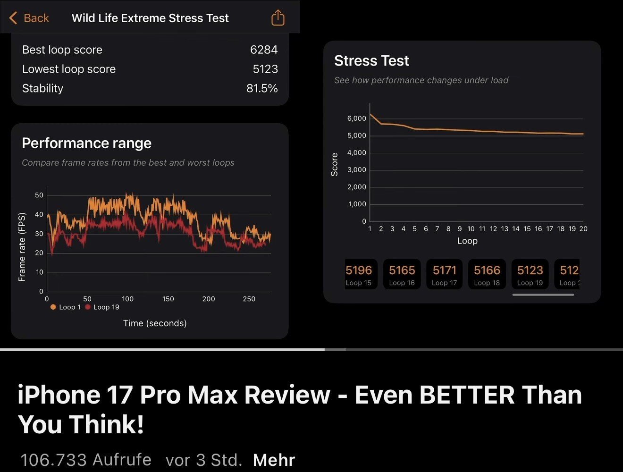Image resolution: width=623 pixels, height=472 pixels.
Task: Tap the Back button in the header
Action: point(29,18)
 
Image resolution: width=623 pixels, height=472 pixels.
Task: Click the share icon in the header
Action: point(278,18)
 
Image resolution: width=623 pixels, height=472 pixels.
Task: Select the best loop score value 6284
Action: point(263,50)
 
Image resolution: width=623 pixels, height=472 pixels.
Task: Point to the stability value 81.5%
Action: point(261,88)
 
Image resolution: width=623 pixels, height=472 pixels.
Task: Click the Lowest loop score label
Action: point(69,69)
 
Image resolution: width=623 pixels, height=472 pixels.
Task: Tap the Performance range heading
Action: point(86,143)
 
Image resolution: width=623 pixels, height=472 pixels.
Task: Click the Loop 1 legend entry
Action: point(66,307)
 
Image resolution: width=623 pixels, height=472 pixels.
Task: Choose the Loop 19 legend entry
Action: point(102,307)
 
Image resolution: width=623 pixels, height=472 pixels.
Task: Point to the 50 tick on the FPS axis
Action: point(39,195)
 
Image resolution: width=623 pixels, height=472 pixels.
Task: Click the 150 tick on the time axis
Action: point(168,299)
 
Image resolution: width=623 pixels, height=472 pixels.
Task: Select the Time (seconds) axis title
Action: point(155,323)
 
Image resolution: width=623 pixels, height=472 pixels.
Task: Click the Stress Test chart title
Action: point(371,61)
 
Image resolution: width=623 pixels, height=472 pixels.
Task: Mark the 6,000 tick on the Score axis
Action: point(357,118)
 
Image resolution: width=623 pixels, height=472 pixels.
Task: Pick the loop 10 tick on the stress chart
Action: point(471,229)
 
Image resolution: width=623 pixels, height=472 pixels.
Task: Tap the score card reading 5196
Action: point(359,274)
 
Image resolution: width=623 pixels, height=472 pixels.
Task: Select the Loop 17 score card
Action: point(445,274)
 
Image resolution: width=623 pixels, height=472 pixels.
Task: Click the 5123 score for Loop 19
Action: point(530,270)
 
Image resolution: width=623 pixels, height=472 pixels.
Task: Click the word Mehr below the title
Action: point(274,460)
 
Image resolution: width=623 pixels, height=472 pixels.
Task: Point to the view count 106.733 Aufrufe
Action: point(86,460)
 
